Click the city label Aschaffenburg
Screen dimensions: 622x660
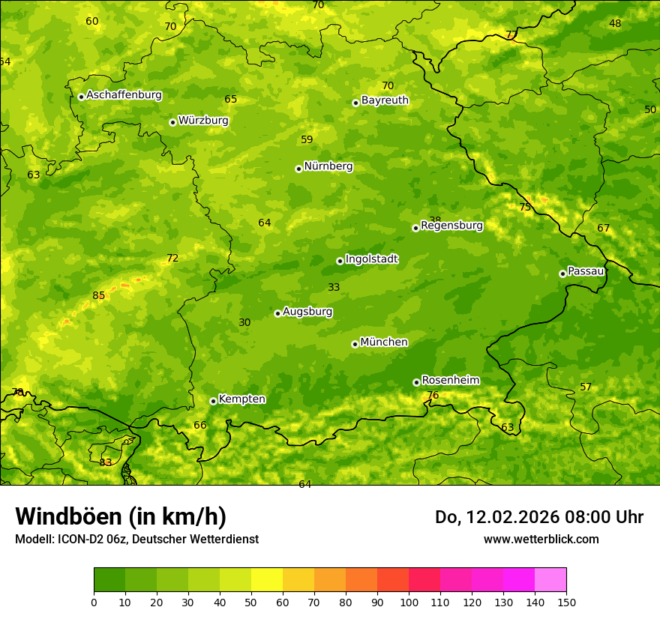(x=124, y=95)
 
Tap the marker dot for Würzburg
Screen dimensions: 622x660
(x=172, y=122)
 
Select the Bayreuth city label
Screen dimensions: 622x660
(x=385, y=100)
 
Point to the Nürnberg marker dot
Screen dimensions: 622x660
(x=298, y=169)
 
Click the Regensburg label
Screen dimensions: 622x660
(x=451, y=226)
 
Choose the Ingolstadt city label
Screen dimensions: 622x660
(x=371, y=259)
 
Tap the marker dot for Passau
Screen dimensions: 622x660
(x=562, y=274)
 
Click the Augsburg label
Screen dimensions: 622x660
(x=307, y=312)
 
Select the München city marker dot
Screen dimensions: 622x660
(x=355, y=344)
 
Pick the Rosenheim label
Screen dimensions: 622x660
(x=450, y=381)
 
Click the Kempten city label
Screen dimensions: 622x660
(x=241, y=399)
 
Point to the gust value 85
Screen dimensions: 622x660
(x=99, y=296)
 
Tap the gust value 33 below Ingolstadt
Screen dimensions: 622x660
(x=334, y=288)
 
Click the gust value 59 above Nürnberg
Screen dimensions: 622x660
(x=307, y=140)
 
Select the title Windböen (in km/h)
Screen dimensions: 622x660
(x=121, y=517)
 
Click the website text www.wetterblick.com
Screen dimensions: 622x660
(x=541, y=540)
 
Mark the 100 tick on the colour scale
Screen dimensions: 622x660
(x=409, y=603)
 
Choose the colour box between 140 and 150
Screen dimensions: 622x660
(x=550, y=580)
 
